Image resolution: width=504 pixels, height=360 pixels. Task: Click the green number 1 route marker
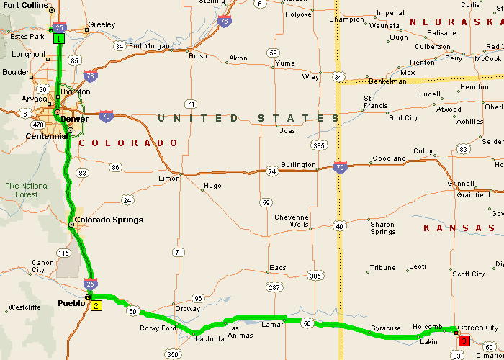pos(59,38)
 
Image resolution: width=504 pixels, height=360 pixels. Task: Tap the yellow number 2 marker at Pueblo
pos(96,305)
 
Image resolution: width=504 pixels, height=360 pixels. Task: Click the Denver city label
pos(74,119)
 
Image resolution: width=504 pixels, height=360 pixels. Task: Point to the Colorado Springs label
pos(109,220)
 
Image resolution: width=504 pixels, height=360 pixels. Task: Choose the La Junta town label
pos(210,339)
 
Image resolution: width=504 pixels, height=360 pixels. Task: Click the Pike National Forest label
pos(27,190)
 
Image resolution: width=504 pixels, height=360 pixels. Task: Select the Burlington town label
pos(298,165)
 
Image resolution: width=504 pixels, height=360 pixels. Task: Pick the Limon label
pos(168,178)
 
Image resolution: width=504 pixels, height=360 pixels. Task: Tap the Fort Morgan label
pos(149,47)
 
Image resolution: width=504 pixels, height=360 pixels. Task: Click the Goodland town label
pos(389,158)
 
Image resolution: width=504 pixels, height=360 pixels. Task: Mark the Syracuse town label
pos(385,328)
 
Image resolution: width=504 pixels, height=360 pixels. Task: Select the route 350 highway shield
pos(173,354)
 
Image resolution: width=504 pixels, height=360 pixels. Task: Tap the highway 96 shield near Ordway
pos(199,298)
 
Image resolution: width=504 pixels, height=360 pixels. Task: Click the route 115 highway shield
pos(64,253)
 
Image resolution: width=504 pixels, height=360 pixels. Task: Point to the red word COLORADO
pos(127,143)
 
